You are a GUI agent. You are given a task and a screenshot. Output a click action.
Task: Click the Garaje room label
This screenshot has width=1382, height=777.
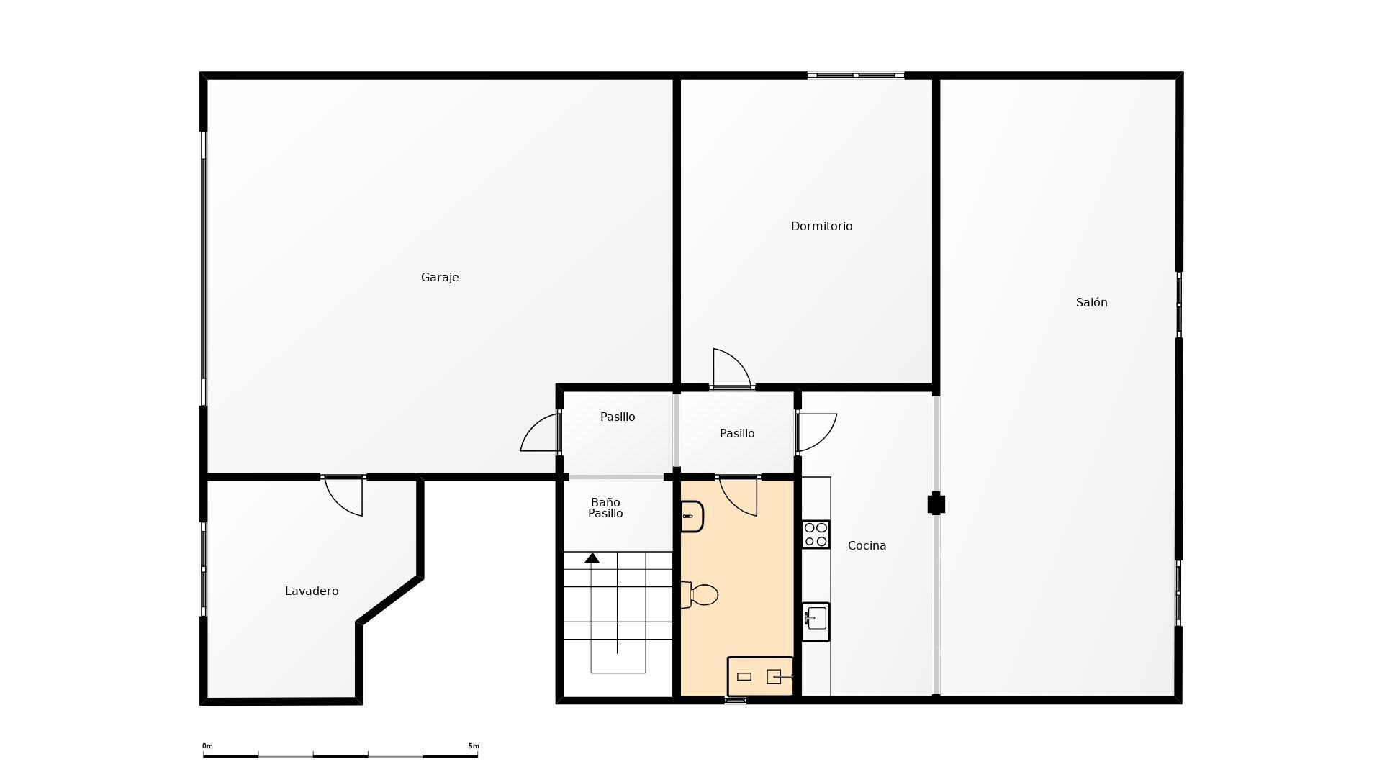coord(440,278)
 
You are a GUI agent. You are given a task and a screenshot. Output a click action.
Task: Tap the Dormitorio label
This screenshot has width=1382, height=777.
coord(821,226)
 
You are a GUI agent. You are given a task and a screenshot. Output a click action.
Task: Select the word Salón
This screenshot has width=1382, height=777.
coord(1091,302)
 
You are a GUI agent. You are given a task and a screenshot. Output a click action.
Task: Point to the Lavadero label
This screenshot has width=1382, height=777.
coord(312,591)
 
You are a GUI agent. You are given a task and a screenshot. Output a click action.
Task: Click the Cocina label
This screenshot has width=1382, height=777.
coord(867,545)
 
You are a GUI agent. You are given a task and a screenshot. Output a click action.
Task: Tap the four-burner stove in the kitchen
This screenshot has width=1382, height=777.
coord(816,535)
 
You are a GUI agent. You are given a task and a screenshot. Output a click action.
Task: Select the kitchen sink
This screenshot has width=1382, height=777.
coord(816,621)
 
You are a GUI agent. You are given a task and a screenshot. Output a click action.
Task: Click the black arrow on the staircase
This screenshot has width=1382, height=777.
coord(592,558)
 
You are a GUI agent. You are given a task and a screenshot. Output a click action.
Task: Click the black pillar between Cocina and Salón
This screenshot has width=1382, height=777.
coord(936,504)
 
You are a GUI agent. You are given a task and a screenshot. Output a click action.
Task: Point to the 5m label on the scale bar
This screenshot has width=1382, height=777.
coord(473,746)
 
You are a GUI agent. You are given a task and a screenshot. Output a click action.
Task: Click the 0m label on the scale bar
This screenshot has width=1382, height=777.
coord(207,746)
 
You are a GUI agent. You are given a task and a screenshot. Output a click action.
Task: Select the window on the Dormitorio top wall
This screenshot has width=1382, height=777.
coord(855,75)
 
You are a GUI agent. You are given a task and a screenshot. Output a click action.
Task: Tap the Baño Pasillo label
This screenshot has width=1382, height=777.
coord(605,508)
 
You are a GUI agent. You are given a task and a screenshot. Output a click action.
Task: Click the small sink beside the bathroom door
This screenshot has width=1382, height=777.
coord(692,516)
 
